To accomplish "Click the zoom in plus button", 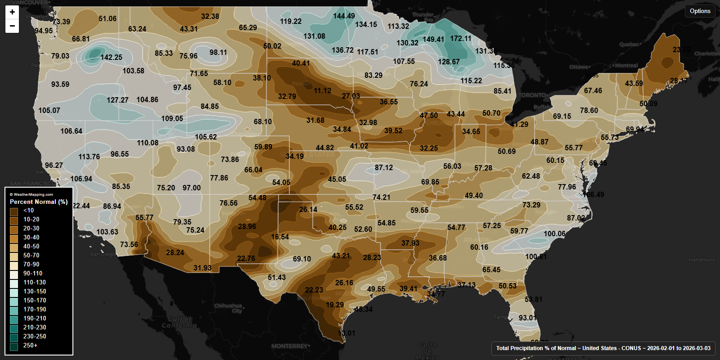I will pos(12,12).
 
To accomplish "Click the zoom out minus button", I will pos(12,26).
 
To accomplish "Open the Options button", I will pos(700,11).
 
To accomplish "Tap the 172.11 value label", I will pos(460,38).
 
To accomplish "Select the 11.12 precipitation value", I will pos(322,90).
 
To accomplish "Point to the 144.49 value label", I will pos(344,16).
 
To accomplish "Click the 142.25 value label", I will pos(111,57).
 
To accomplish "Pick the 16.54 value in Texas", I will pos(280,237).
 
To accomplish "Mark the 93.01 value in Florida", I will pos(527,318).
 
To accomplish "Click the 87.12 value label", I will pos(384,167).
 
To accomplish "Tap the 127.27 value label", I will pos(117,100).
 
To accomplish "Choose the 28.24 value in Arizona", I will pos(175,252).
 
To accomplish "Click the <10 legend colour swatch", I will pos(14,211).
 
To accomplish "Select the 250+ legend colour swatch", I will pos(14,346).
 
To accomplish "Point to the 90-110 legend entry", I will pos(33,273).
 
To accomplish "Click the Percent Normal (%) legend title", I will pos(39,202).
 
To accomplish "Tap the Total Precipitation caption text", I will pos(603,348).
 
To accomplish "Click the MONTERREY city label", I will pos(289,346).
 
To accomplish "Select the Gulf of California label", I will pos(179,322).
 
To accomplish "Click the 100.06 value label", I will pos(554,234).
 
